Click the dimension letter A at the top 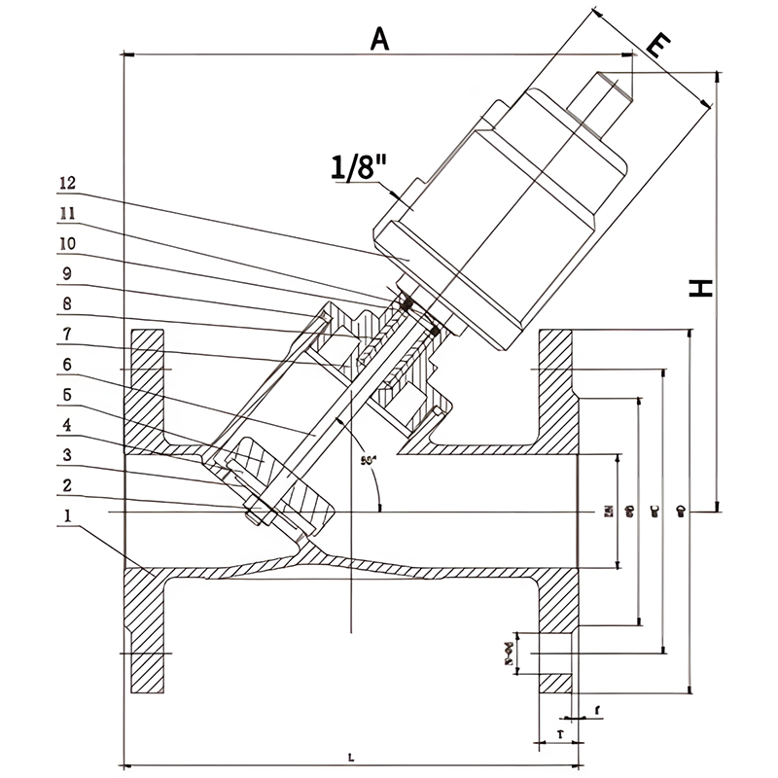tap(379, 38)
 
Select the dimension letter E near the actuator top tap(658, 46)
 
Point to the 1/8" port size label tap(359, 168)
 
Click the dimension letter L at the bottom tap(351, 756)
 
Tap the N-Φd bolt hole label tap(508, 654)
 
